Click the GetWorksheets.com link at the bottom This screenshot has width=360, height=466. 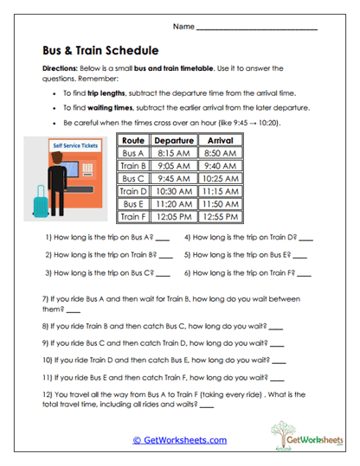click(179, 440)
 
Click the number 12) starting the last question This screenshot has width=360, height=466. click(48, 395)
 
